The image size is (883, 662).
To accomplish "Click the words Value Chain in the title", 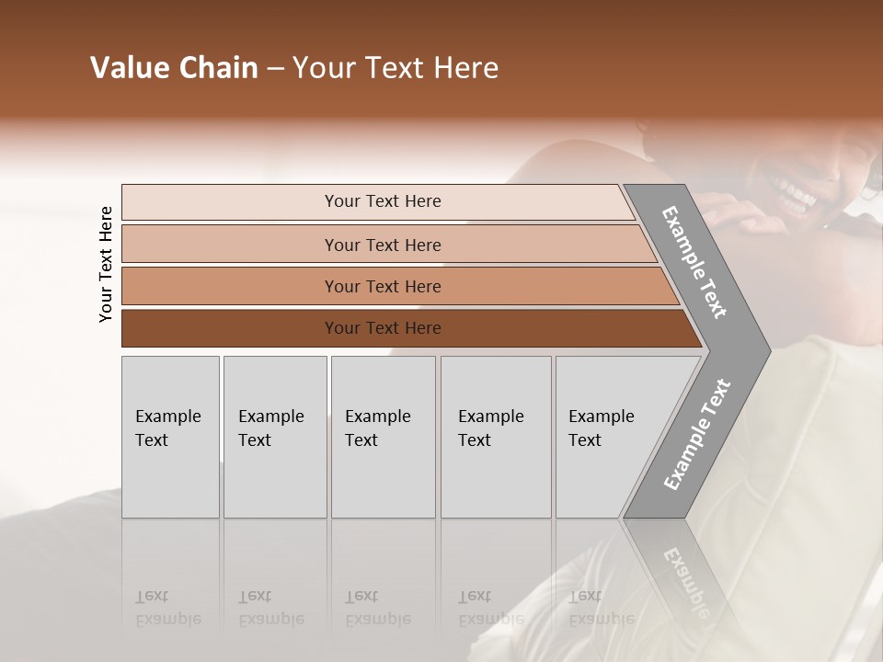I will (x=174, y=68).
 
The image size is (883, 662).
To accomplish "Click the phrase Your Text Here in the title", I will (x=396, y=68).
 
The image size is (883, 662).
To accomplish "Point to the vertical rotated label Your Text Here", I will (x=106, y=264).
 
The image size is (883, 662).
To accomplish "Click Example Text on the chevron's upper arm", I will (x=694, y=262).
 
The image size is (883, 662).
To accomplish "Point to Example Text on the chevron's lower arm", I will (x=696, y=434).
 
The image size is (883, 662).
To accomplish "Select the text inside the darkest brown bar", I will (x=383, y=328).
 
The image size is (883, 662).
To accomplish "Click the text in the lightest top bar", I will (x=383, y=201).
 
